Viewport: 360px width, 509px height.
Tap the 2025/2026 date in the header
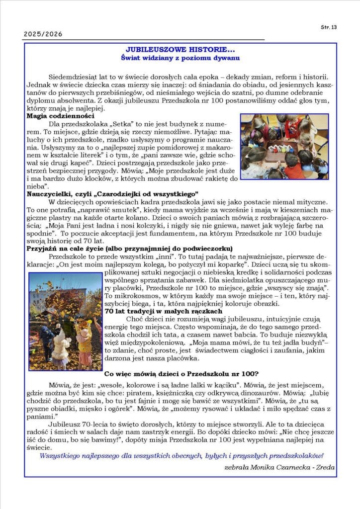(x=43, y=34)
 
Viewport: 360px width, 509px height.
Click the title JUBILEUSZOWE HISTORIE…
(x=180, y=50)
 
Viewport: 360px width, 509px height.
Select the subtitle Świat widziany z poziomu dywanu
(x=180, y=58)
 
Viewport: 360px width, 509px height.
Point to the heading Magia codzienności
(x=61, y=116)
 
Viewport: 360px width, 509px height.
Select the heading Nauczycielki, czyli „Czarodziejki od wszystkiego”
(x=112, y=193)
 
